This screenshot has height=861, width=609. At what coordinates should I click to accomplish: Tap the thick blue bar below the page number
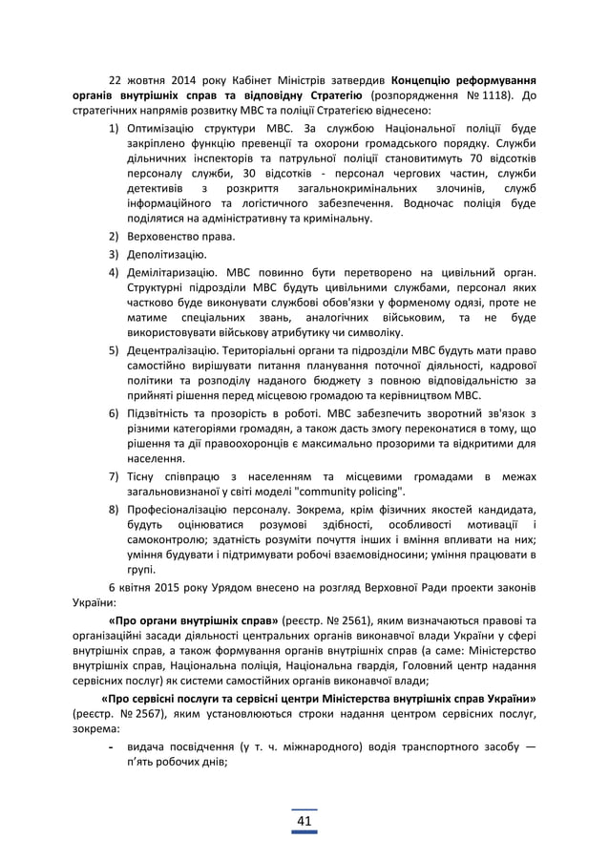click(x=304, y=832)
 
